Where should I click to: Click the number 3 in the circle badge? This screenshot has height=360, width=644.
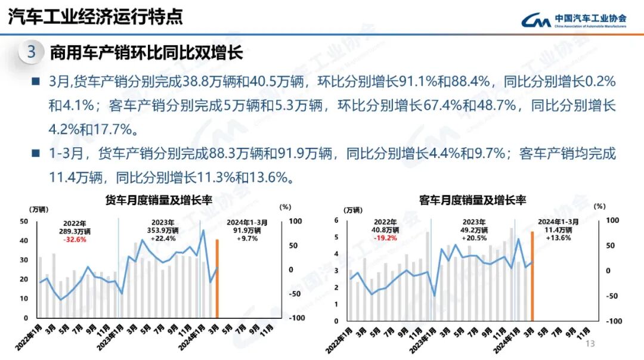[x=32, y=52]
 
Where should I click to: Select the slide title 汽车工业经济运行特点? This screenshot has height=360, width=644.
[x=95, y=16]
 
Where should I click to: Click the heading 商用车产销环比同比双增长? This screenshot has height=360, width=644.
[x=146, y=52]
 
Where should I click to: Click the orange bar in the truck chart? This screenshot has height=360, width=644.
[x=218, y=278]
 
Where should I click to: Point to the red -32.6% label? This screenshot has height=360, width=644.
[x=75, y=240]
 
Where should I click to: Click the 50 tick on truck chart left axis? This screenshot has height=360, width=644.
[x=24, y=222]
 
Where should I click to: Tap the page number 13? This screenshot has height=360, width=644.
[x=591, y=344]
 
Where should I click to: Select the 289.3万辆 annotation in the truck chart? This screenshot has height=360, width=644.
[x=75, y=231]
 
